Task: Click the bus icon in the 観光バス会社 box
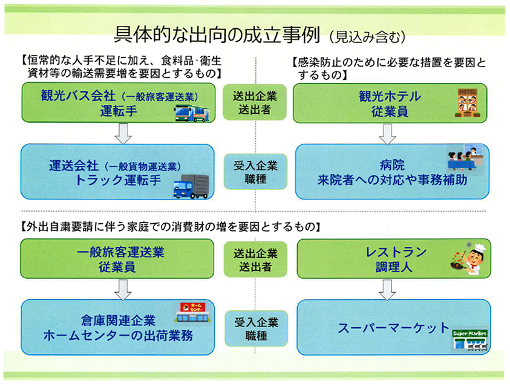[x=192, y=113]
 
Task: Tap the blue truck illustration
[x=191, y=186]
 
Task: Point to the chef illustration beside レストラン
[x=469, y=258]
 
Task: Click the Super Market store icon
[x=470, y=339]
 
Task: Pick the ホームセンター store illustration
[x=193, y=312]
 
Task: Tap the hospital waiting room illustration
[x=465, y=158]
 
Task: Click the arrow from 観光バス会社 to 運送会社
[x=123, y=133]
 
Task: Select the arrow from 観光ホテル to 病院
[x=387, y=134]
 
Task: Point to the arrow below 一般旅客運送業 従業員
[x=123, y=290]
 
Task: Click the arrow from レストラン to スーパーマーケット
[x=387, y=290]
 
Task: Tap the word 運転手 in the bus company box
[x=119, y=111]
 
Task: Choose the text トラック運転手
[x=118, y=180]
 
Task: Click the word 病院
[x=392, y=165]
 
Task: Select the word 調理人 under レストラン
[x=394, y=267]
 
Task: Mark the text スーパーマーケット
[x=394, y=327]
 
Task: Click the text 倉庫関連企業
[x=119, y=321]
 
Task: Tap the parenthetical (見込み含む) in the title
[x=367, y=37]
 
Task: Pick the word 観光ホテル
[x=390, y=96]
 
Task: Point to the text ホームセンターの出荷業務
[x=119, y=336]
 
